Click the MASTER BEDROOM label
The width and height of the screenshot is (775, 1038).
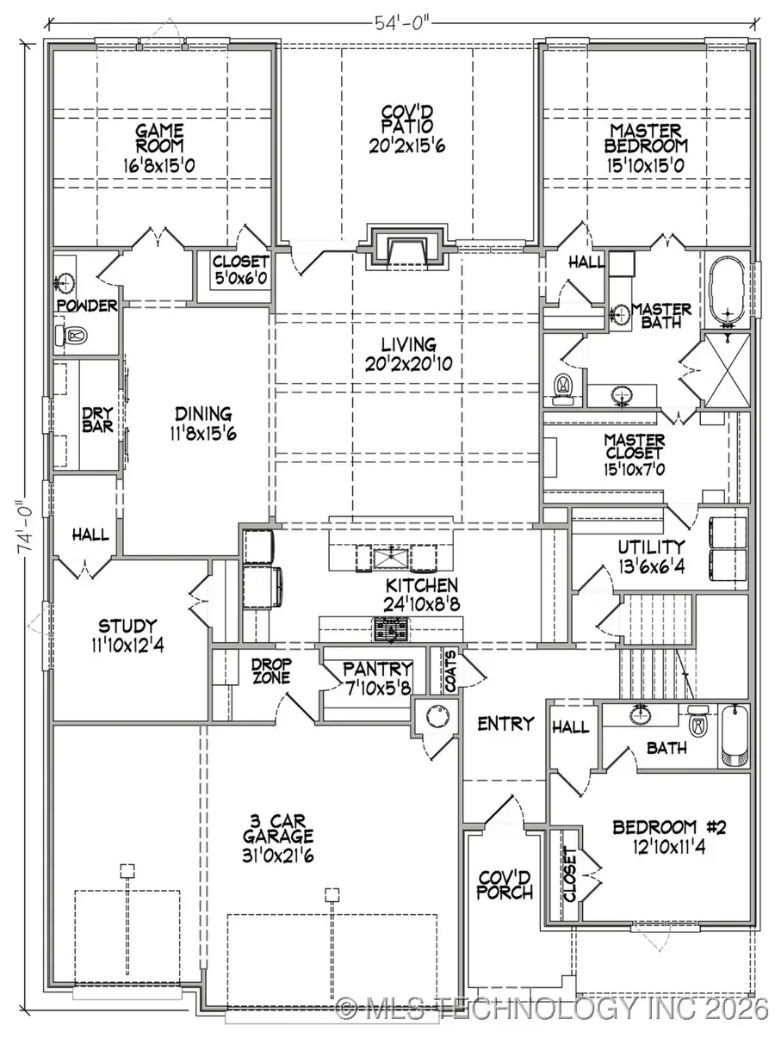[x=646, y=139]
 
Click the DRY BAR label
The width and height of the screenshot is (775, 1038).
[x=96, y=419]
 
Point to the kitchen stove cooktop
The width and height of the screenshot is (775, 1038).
[x=392, y=631]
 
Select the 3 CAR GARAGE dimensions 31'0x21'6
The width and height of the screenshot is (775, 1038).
[x=277, y=853]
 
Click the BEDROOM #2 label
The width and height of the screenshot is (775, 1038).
[x=670, y=827]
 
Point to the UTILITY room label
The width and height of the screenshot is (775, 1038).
[x=650, y=546]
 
